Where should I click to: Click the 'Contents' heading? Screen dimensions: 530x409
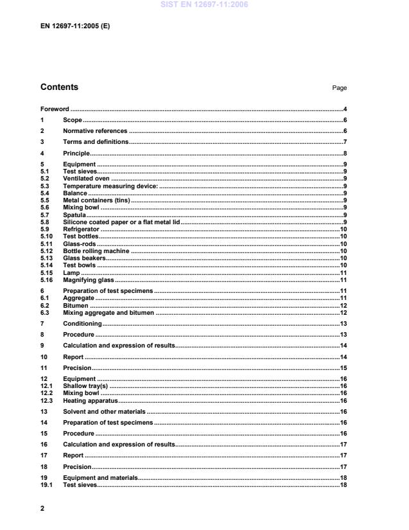[x=59, y=87]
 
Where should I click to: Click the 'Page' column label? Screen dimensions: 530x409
[x=339, y=89]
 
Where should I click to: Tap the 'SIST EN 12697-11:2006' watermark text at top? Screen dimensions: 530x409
[x=204, y=5]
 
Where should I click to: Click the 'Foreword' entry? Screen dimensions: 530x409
[x=55, y=109]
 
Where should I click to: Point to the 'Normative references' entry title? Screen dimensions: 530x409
[x=95, y=131]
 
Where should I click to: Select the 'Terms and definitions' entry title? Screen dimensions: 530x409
[x=96, y=142]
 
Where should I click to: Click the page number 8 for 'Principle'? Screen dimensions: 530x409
[x=345, y=153]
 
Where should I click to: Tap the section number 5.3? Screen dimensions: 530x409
[x=45, y=186]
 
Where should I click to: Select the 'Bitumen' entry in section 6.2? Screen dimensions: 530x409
[x=75, y=306]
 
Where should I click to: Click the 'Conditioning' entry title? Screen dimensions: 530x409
[x=82, y=324]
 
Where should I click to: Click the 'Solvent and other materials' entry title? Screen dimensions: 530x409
[x=104, y=411]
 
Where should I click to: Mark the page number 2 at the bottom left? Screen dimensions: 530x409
[x=42, y=508]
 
